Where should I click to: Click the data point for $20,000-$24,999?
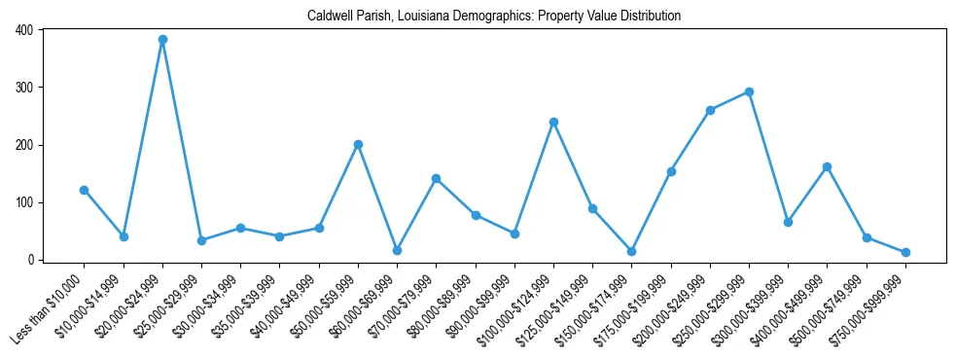[162, 40]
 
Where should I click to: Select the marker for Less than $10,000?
[85, 190]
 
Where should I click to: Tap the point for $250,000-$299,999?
[749, 91]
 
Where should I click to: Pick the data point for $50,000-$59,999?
[358, 144]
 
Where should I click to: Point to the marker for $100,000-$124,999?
[553, 122]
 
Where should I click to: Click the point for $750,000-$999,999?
[905, 252]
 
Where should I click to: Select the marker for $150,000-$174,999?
[631, 251]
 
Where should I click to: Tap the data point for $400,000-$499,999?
[827, 166]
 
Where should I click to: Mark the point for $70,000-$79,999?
[436, 178]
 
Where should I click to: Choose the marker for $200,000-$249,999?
[710, 110]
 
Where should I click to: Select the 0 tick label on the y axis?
[30, 260]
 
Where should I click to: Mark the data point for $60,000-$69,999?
[397, 250]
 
